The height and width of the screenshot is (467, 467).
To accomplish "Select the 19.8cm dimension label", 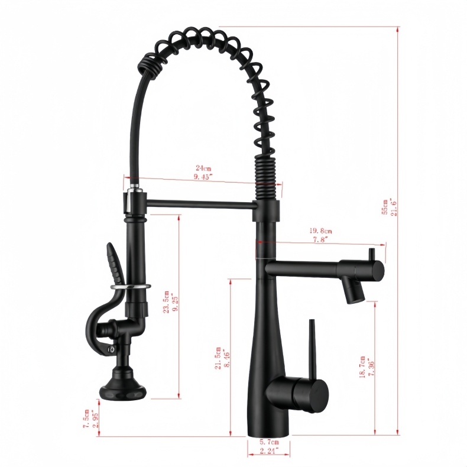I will tap(320, 231).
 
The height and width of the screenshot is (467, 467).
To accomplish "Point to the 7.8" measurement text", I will tap(320, 240).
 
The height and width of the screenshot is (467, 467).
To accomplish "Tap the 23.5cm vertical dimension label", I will tap(167, 301).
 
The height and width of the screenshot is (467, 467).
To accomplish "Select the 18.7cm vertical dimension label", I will tap(362, 367).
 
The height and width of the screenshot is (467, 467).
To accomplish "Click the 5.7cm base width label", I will tap(269, 442).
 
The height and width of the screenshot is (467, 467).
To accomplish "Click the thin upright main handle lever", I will tap(313, 349).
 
